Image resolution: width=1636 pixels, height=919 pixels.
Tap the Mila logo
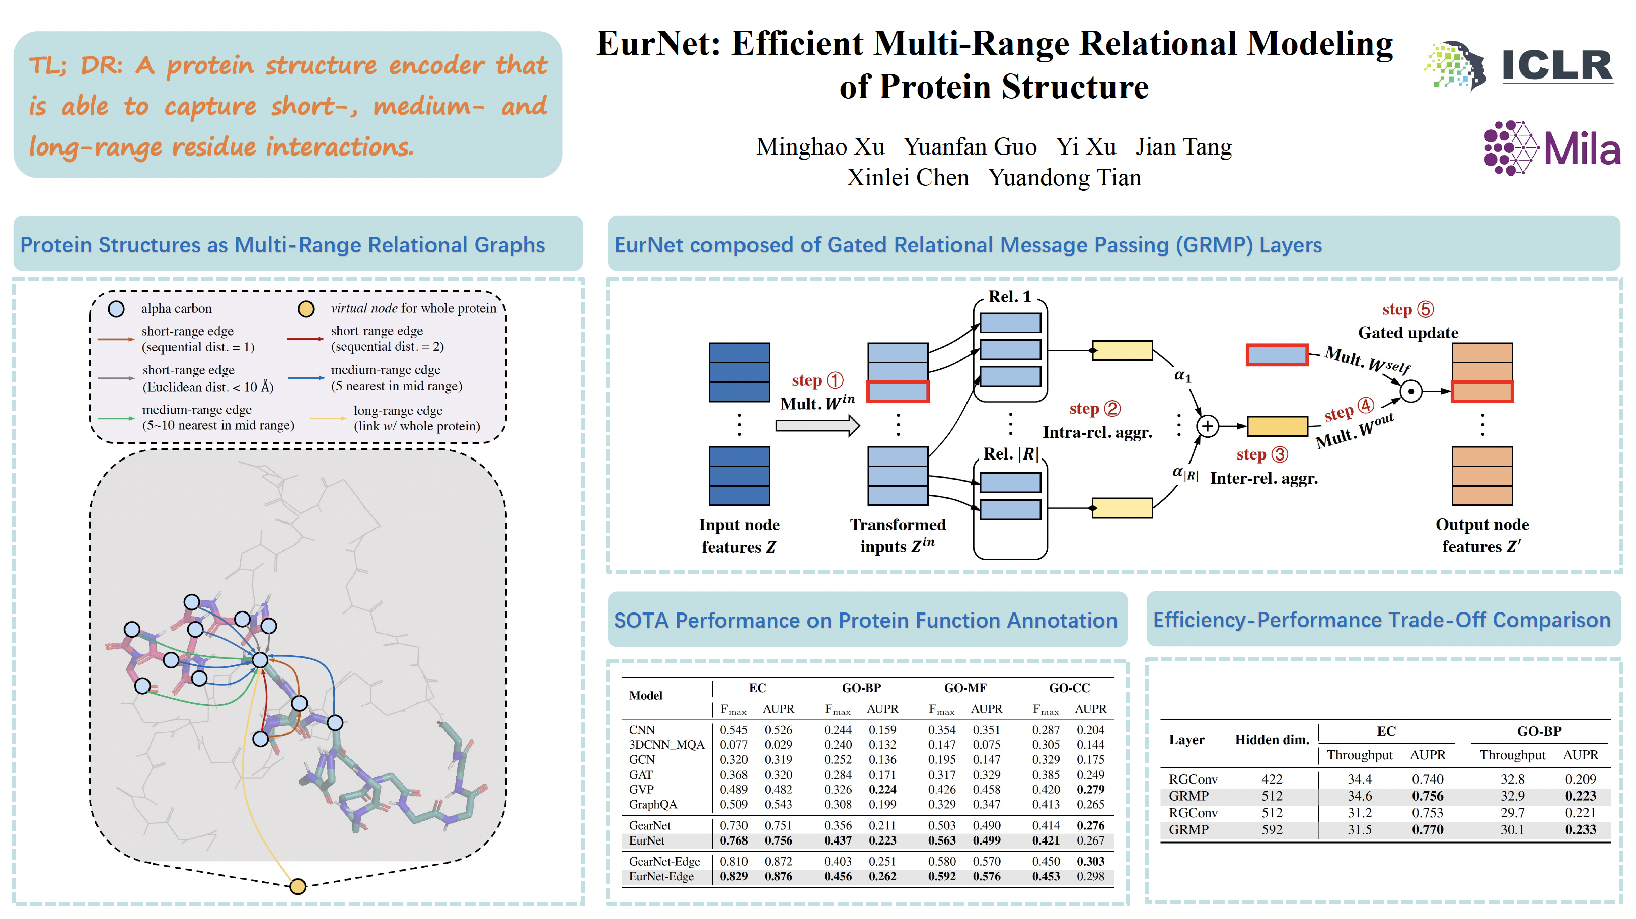click(1551, 147)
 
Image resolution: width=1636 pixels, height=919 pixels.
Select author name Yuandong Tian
click(1065, 177)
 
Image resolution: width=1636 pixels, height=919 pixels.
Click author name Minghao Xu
click(820, 147)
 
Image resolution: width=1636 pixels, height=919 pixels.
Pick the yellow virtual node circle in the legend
click(306, 309)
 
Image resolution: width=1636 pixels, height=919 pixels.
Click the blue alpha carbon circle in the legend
click(116, 309)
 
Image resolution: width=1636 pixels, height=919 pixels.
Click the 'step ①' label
click(817, 380)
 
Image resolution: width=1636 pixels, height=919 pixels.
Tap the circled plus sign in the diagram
click(1207, 426)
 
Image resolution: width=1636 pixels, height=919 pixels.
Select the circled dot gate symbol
click(1410, 391)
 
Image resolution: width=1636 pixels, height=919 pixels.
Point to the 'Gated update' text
click(1408, 333)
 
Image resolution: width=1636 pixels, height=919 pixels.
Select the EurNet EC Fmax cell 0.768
click(733, 840)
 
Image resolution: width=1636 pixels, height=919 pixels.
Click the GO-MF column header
click(964, 688)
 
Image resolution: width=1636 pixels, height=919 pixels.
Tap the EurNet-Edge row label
click(661, 876)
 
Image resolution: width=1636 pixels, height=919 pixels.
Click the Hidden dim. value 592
click(1272, 829)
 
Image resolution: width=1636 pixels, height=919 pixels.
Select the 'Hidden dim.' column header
click(1272, 740)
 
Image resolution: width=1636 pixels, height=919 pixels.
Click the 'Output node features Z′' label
click(1481, 535)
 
